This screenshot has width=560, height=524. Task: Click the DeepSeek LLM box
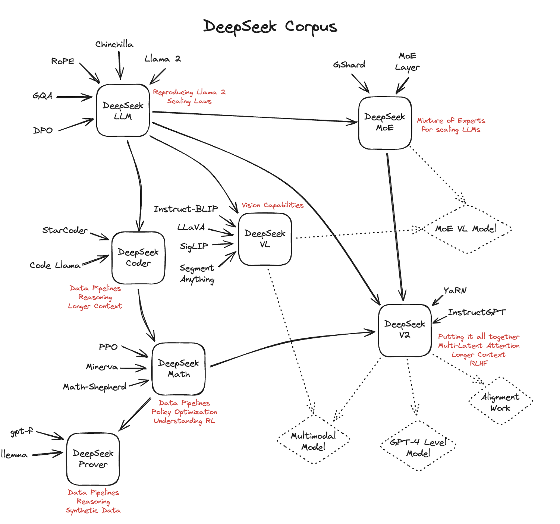123,111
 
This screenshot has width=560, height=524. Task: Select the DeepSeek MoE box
385,123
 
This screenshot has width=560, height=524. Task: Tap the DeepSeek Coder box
138,258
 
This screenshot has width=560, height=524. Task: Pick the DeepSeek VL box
265,239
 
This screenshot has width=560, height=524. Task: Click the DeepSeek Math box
178,369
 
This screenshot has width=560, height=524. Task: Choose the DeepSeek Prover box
93,459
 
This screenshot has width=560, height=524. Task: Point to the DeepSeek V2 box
405,330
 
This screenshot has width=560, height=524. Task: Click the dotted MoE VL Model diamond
466,229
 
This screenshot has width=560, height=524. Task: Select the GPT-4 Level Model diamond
418,448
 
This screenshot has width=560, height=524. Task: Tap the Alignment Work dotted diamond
500,402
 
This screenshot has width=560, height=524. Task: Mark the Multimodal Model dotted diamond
313,441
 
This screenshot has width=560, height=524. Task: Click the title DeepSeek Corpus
270,27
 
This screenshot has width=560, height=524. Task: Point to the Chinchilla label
114,44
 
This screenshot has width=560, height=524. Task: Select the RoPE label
63,61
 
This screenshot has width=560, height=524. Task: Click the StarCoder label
65,230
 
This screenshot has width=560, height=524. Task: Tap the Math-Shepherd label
95,387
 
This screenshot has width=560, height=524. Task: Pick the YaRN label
455,290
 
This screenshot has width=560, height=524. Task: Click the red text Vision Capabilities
273,205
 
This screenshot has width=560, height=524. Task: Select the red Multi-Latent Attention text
479,345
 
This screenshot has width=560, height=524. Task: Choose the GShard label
349,65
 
